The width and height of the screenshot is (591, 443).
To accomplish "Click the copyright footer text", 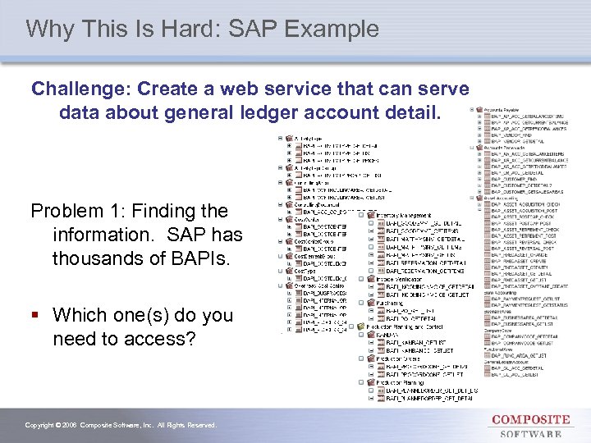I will click(121, 425).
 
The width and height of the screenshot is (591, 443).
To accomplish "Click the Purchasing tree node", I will click(391, 304).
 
